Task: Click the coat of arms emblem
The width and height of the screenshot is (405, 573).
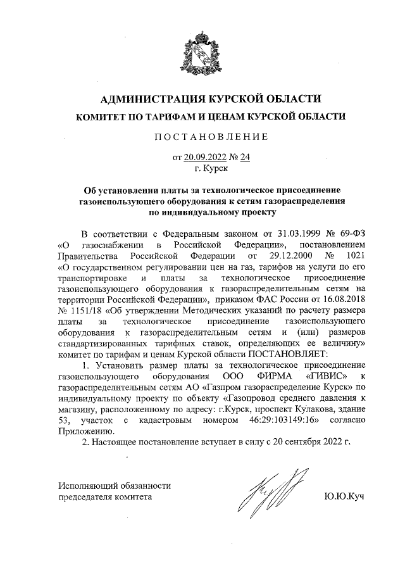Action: (x=202, y=53)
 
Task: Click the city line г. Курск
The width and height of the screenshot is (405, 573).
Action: (x=202, y=168)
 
